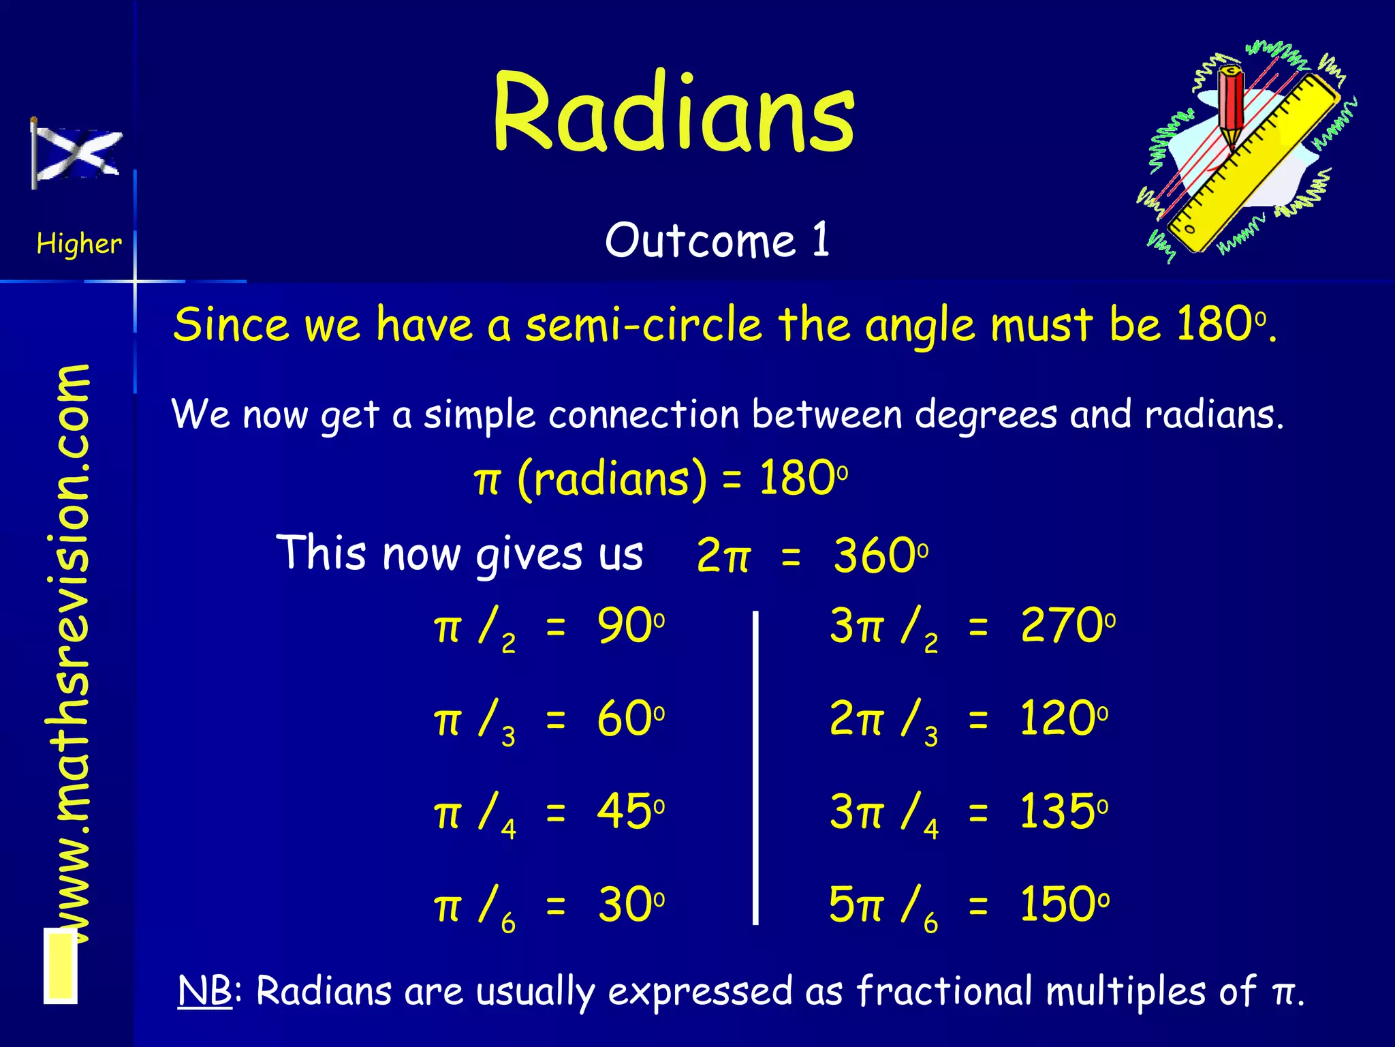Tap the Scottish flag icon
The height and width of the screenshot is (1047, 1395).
76,154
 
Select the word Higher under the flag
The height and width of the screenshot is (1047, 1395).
79,244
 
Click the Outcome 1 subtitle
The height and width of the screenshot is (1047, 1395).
717,241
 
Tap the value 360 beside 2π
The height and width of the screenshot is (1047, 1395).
874,556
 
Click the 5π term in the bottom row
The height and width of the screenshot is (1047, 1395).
856,905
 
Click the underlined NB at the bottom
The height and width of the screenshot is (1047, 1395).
204,991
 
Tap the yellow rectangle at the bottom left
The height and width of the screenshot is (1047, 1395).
61,966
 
